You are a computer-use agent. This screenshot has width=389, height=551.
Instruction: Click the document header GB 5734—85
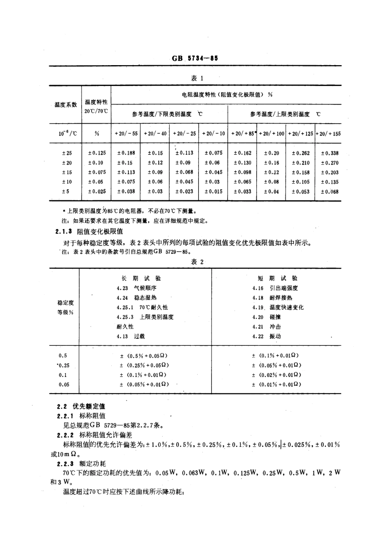[195, 58]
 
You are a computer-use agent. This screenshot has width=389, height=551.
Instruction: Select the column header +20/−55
[126, 134]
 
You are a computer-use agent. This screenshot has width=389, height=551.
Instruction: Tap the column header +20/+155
[328, 134]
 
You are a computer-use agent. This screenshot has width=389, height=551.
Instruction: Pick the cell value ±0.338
[330, 153]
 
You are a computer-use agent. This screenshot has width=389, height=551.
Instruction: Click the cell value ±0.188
[126, 153]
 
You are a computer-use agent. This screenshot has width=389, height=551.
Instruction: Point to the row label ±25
[66, 153]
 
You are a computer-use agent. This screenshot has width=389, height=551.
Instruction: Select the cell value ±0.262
[301, 153]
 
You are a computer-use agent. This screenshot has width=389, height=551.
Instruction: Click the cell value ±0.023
[184, 191]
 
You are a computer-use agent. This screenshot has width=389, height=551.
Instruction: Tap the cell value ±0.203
[330, 172]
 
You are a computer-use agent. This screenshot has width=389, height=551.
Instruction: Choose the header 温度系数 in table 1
[66, 105]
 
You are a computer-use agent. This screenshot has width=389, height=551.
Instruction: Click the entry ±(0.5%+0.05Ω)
[143, 356]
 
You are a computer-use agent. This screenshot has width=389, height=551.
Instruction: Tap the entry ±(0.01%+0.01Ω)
[276, 384]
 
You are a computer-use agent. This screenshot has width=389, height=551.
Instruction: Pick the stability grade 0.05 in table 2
[64, 384]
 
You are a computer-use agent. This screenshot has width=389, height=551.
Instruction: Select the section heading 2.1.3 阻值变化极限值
[89, 231]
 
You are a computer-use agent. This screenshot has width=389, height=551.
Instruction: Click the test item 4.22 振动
[267, 336]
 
